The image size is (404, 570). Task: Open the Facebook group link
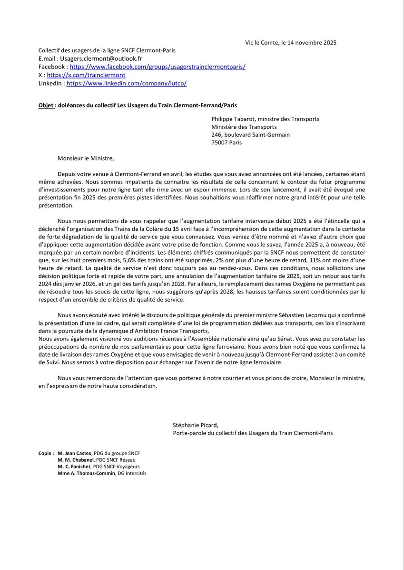pyautogui.click(x=158, y=67)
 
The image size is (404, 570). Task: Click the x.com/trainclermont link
pyautogui.click(x=86, y=75)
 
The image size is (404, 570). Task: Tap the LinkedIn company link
pyautogui.click(x=126, y=83)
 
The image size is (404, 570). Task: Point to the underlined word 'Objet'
pyautogui.click(x=46, y=105)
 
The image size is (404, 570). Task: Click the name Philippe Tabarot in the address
pyautogui.click(x=236, y=119)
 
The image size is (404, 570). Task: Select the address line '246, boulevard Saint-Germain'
pyautogui.click(x=250, y=134)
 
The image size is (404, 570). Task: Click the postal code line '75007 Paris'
pyautogui.click(x=227, y=142)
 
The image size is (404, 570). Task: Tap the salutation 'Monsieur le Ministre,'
pyautogui.click(x=86, y=158)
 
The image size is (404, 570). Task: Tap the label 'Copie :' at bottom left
pyautogui.click(x=46, y=453)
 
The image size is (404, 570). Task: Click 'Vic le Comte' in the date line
pyautogui.click(x=261, y=42)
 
